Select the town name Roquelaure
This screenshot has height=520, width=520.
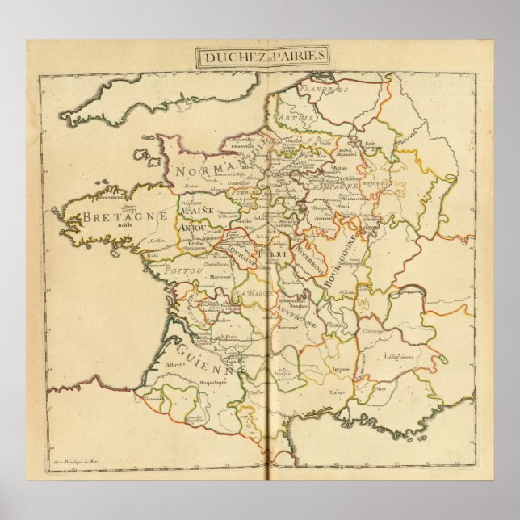[213, 387]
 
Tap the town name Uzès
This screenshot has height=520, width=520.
[337, 391]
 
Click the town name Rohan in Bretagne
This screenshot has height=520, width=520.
[123, 226]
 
